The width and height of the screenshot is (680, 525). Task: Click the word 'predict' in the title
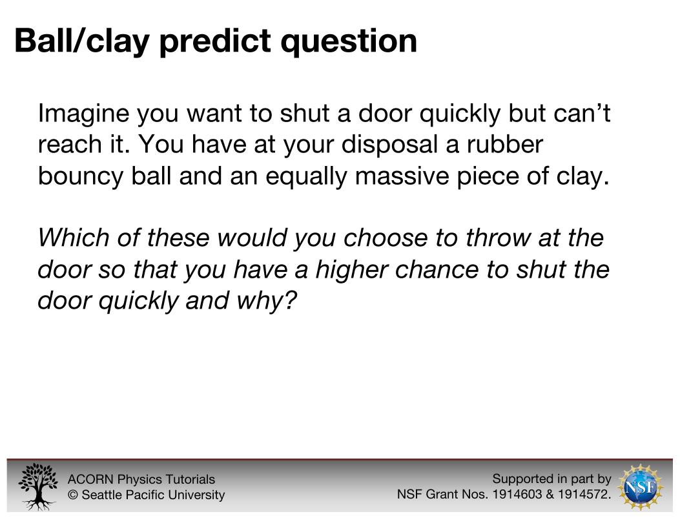[x=215, y=42]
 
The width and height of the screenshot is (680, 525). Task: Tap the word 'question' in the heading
[x=349, y=42]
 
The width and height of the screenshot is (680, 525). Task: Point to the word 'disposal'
[x=389, y=144]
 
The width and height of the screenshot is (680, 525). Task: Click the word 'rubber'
[x=504, y=144]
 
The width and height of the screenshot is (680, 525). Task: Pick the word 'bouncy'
[x=81, y=177]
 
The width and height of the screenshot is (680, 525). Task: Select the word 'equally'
[x=306, y=177]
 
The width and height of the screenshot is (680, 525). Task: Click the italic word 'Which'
[x=73, y=238]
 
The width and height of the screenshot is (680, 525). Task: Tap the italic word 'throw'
[x=498, y=238]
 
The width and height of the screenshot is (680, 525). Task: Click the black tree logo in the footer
[x=38, y=486]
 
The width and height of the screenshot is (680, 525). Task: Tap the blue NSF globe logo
[x=641, y=487]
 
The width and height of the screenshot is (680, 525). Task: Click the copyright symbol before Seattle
[x=73, y=495]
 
